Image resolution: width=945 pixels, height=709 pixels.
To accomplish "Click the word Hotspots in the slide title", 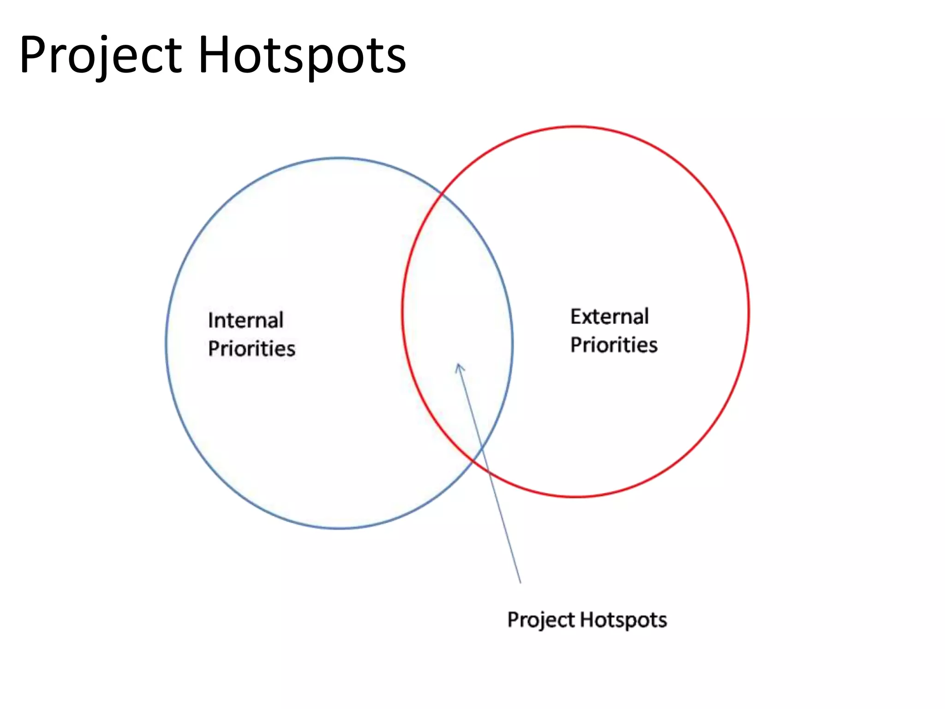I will point(302,55).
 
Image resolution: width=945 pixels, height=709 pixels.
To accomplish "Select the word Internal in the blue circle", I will point(245,320).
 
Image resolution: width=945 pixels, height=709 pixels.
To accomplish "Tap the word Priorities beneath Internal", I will point(251,348).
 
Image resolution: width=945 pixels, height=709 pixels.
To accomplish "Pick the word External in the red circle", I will point(610,317).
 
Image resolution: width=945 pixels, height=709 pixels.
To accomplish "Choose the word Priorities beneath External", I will point(614,345).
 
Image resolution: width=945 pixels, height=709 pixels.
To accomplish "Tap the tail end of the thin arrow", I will point(520,583).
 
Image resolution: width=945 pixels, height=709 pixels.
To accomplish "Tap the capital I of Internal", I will point(210,320).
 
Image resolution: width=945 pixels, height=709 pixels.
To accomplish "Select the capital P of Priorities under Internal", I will point(213,348).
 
